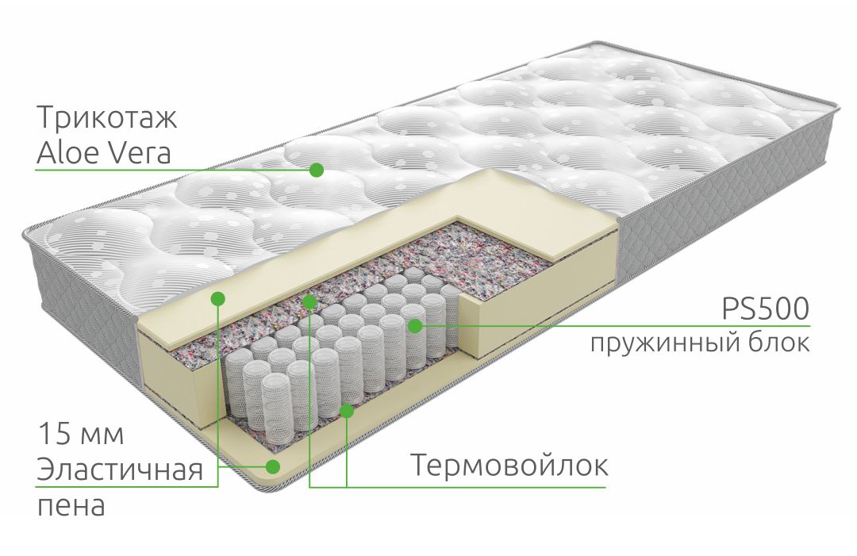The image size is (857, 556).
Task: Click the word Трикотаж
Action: coord(106,118)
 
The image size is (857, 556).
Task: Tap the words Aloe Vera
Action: coord(104,153)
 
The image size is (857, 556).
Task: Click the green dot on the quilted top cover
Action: coord(316,170)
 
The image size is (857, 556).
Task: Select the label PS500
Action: coord(766,309)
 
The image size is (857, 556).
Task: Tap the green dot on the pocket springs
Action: coord(415,326)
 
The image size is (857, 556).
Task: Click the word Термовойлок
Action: coord(509,466)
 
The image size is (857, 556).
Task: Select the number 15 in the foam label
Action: coord(54,434)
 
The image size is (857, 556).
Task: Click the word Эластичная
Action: coord(120,470)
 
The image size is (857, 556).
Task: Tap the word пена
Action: coord(71,506)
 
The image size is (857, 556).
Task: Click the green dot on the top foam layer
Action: coord(217,297)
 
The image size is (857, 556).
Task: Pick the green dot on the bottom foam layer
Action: coord(273,466)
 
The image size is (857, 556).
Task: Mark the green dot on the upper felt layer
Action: coord(309,301)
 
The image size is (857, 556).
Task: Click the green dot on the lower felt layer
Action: coord(347,410)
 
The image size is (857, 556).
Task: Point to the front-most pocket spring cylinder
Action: coord(277,406)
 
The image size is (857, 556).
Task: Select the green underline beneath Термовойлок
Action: coord(458,487)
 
